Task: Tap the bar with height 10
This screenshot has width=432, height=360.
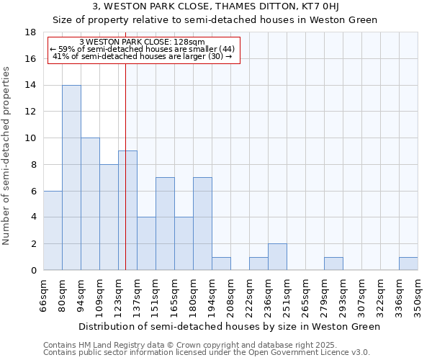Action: click(x=90, y=204)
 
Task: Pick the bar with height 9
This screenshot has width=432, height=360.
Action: click(x=127, y=210)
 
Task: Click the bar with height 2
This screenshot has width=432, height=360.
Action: click(x=277, y=257)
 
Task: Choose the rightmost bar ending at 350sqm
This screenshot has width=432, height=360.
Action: click(x=408, y=264)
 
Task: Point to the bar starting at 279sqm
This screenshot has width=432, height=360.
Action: click(x=333, y=264)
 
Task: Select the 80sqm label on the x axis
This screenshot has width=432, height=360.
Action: click(x=63, y=295)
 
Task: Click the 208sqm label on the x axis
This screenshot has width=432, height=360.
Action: click(x=231, y=295)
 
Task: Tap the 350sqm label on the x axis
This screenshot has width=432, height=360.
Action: click(x=418, y=295)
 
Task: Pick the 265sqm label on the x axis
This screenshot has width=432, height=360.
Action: click(x=306, y=295)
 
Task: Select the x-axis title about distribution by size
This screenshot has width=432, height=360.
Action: click(x=229, y=326)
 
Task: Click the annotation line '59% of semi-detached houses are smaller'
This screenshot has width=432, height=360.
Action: click(x=143, y=48)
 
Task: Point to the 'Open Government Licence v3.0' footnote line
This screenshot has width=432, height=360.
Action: click(x=207, y=353)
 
